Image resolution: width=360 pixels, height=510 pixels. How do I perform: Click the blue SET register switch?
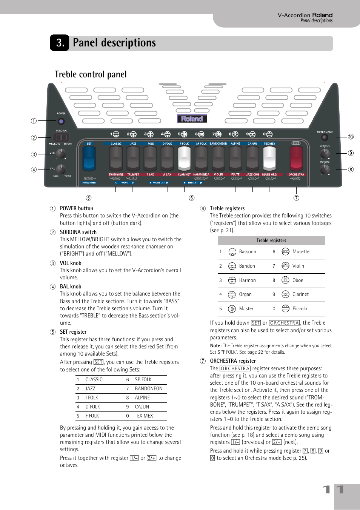coord(89,159)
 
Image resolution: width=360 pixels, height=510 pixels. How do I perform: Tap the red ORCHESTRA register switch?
coord(296,159)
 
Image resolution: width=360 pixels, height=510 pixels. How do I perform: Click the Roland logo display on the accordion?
coord(192,119)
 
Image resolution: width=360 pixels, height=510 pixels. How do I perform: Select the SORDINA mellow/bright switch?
coord(61,137)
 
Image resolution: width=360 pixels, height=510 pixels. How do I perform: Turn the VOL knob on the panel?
coord(61,153)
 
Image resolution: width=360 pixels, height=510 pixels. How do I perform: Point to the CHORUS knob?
coord(325,153)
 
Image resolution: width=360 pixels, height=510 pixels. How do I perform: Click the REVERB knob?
coord(325,169)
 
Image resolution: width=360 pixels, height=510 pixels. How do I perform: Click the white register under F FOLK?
coord(184,159)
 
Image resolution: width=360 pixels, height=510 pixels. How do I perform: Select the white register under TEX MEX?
coord(269,159)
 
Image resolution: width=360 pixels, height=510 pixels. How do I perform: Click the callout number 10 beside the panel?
coord(351,137)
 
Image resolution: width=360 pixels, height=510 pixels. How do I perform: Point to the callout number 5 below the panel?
coord(88,198)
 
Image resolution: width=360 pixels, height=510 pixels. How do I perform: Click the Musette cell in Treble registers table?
coord(301,252)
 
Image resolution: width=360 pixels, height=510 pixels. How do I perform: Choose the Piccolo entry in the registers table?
coord(300,309)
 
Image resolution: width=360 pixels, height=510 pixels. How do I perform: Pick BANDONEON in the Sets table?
coord(149,389)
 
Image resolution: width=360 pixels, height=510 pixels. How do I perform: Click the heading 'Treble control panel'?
coord(91,74)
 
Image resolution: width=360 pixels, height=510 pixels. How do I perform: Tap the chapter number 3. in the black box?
coord(60,43)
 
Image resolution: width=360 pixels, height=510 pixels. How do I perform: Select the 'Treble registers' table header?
coord(271,240)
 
